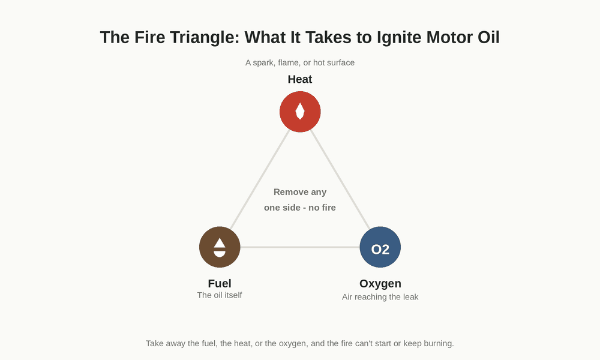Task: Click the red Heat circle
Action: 300,112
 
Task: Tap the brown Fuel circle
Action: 220,247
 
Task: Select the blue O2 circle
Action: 380,247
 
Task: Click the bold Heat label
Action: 300,79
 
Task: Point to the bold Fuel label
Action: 220,283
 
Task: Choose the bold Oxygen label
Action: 380,283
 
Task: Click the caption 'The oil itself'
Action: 220,295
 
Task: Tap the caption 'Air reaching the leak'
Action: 380,297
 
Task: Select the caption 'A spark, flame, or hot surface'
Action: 300,62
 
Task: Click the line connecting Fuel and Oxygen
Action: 300,247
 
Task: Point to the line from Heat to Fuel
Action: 260,179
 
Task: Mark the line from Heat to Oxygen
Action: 340,179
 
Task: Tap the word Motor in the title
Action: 449,37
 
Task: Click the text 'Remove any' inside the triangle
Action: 300,192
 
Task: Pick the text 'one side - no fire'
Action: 300,208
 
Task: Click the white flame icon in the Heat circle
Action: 300,111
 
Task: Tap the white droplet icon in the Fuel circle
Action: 220,247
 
